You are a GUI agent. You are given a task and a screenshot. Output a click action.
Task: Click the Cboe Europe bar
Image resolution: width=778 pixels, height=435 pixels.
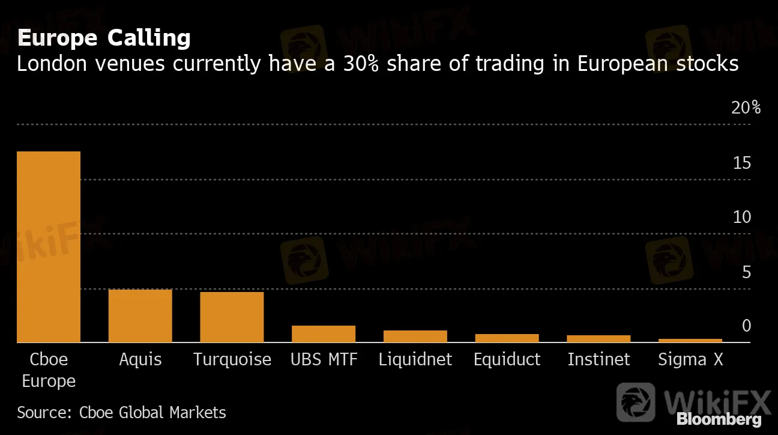coord(49,246)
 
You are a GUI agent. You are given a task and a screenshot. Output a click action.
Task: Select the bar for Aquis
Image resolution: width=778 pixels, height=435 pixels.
coord(140,315)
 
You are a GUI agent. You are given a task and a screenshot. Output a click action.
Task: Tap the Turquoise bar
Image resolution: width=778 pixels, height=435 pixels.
coord(232,317)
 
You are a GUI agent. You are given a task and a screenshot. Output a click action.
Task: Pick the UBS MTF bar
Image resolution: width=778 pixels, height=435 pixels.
coord(324,333)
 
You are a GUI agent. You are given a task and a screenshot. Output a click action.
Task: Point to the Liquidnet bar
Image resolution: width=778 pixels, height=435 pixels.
coord(415,336)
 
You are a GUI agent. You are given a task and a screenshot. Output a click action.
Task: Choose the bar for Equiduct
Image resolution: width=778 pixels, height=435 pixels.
coord(507,338)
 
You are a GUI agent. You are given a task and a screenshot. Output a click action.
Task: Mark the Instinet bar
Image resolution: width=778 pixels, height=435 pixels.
coord(599,338)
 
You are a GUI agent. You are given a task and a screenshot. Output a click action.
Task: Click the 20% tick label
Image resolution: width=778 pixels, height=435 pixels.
coord(746,108)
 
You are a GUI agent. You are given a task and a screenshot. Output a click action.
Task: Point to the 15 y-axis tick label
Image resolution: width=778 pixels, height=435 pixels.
coord(742,163)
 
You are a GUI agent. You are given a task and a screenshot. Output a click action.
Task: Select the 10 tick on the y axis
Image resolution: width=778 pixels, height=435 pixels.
coord(742,217)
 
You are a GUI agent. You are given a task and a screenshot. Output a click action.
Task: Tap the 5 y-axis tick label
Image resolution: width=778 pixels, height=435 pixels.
coord(746,272)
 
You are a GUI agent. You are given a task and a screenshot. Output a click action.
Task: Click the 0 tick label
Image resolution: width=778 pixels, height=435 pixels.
coord(746,326)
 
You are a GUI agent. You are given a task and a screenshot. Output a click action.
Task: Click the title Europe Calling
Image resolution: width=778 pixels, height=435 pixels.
coord(104,38)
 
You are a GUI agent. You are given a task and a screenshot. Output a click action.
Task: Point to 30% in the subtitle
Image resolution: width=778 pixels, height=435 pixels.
coord(361,63)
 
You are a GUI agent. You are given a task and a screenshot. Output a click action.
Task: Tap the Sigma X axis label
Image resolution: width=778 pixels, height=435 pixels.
coord(690,359)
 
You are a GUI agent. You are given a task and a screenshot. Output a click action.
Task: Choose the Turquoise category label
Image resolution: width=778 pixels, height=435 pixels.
coord(232,359)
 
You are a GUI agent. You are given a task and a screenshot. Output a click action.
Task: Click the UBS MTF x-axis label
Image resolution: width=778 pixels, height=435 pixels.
coord(324,359)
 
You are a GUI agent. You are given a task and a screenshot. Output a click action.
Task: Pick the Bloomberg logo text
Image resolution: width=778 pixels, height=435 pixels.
coord(719,419)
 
